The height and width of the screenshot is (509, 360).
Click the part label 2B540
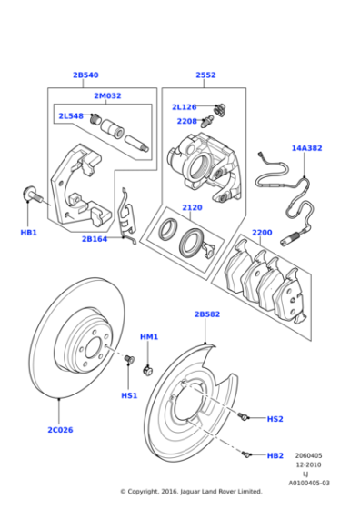pos(85,75)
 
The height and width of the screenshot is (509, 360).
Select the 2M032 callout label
pos(106,95)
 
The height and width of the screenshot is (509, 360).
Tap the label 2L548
pos(71,116)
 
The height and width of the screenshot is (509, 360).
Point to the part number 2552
pos(205,75)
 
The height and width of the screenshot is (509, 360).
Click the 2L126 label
pos(185,107)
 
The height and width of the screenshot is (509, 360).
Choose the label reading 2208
pos(186,121)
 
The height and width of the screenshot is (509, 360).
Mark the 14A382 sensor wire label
pos(307,147)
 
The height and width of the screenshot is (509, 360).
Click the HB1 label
pos(29,233)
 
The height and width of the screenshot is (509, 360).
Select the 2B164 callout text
pos(95,239)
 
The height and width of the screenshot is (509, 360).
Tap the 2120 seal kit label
pos(192,207)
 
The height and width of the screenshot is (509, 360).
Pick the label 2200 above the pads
pos(262,233)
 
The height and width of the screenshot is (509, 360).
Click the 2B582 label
pos(206,314)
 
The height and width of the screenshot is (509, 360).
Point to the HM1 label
pos(149,337)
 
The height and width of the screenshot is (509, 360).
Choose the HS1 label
pos(129,395)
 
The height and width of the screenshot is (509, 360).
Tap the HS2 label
pos(275,419)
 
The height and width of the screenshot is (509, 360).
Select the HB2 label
pos(275,455)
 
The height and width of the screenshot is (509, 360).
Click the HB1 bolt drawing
pos(32,195)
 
